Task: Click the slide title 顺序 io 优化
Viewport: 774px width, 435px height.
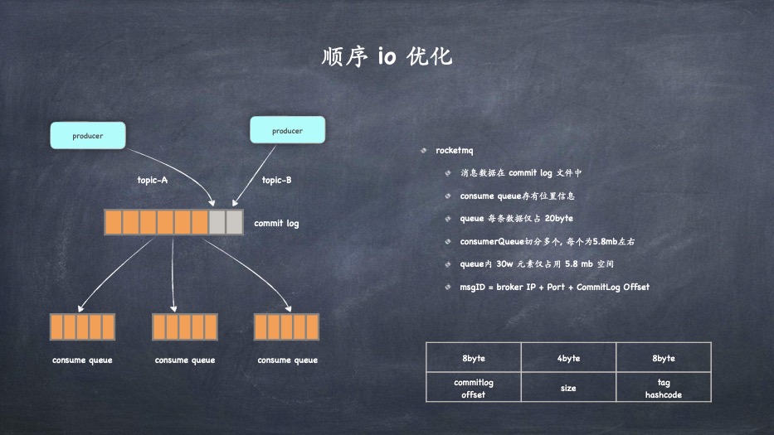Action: tap(387, 57)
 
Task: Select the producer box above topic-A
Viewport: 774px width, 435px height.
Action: tap(88, 135)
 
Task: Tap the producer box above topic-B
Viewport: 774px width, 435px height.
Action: tap(287, 131)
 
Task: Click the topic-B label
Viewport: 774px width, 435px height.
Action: tap(276, 180)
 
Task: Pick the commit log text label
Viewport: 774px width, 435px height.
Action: tap(276, 224)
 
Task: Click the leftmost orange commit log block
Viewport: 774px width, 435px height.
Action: tap(114, 222)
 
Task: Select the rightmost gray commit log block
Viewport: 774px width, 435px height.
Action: tap(234, 222)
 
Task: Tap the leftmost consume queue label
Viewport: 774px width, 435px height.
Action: tap(82, 360)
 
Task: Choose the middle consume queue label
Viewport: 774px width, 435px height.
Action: tap(185, 360)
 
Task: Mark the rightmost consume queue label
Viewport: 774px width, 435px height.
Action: tap(287, 360)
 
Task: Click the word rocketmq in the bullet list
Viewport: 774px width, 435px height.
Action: tap(454, 151)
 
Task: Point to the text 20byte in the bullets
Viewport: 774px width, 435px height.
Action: tap(559, 219)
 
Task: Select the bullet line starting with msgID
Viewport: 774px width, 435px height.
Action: tap(554, 288)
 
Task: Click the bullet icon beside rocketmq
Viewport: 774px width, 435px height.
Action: tap(424, 151)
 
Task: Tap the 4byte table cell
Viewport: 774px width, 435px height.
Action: tap(568, 358)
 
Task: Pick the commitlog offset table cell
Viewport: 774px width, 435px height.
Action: tap(474, 389)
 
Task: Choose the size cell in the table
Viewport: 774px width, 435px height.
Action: tap(568, 388)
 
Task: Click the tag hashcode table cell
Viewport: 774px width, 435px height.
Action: tap(663, 389)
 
